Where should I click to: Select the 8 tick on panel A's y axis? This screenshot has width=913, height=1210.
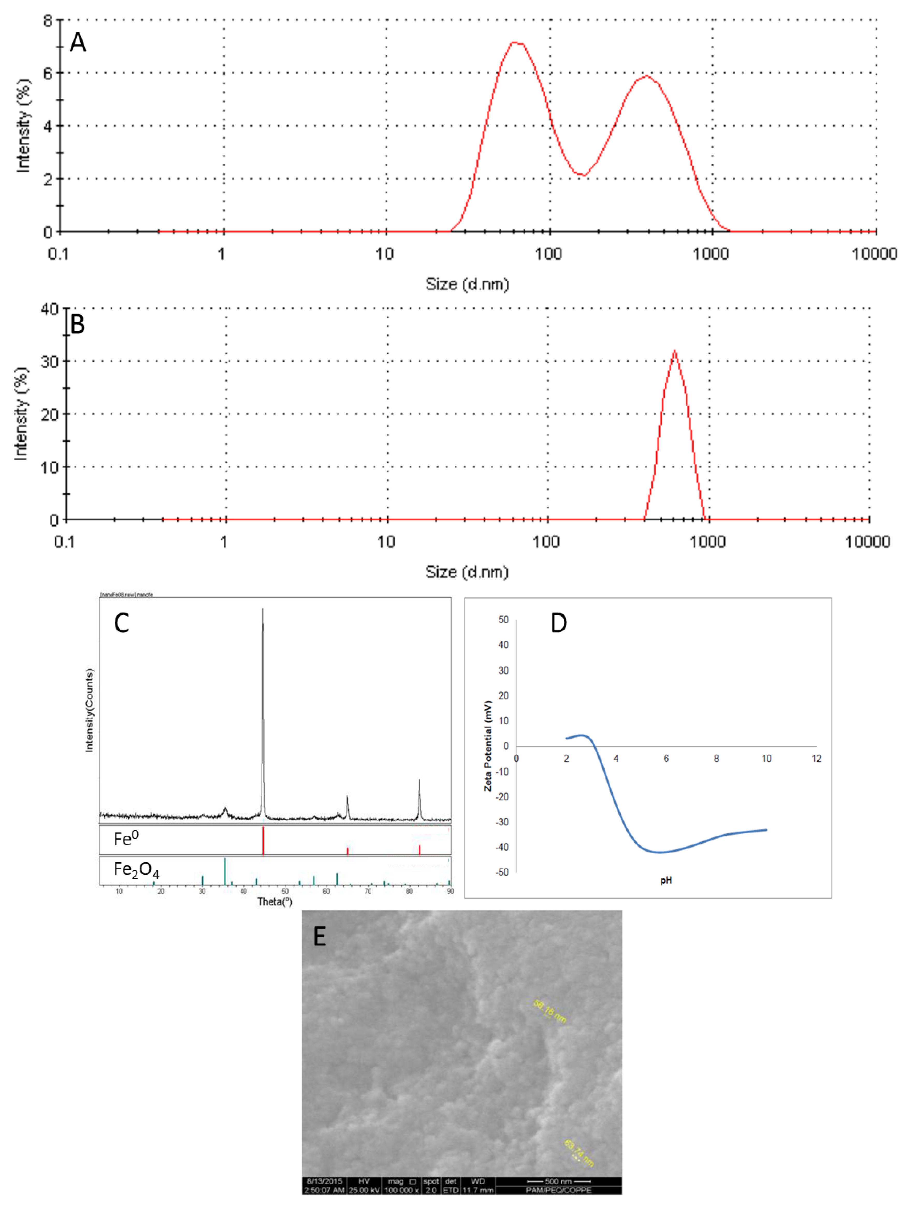point(48,21)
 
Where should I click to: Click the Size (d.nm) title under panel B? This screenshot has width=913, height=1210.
point(467,572)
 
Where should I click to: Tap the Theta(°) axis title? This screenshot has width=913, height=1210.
point(275,901)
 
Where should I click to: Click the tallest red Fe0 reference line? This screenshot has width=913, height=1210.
point(263,840)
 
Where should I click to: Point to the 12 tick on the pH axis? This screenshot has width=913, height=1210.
point(816,759)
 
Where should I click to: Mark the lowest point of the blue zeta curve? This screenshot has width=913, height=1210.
point(660,852)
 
